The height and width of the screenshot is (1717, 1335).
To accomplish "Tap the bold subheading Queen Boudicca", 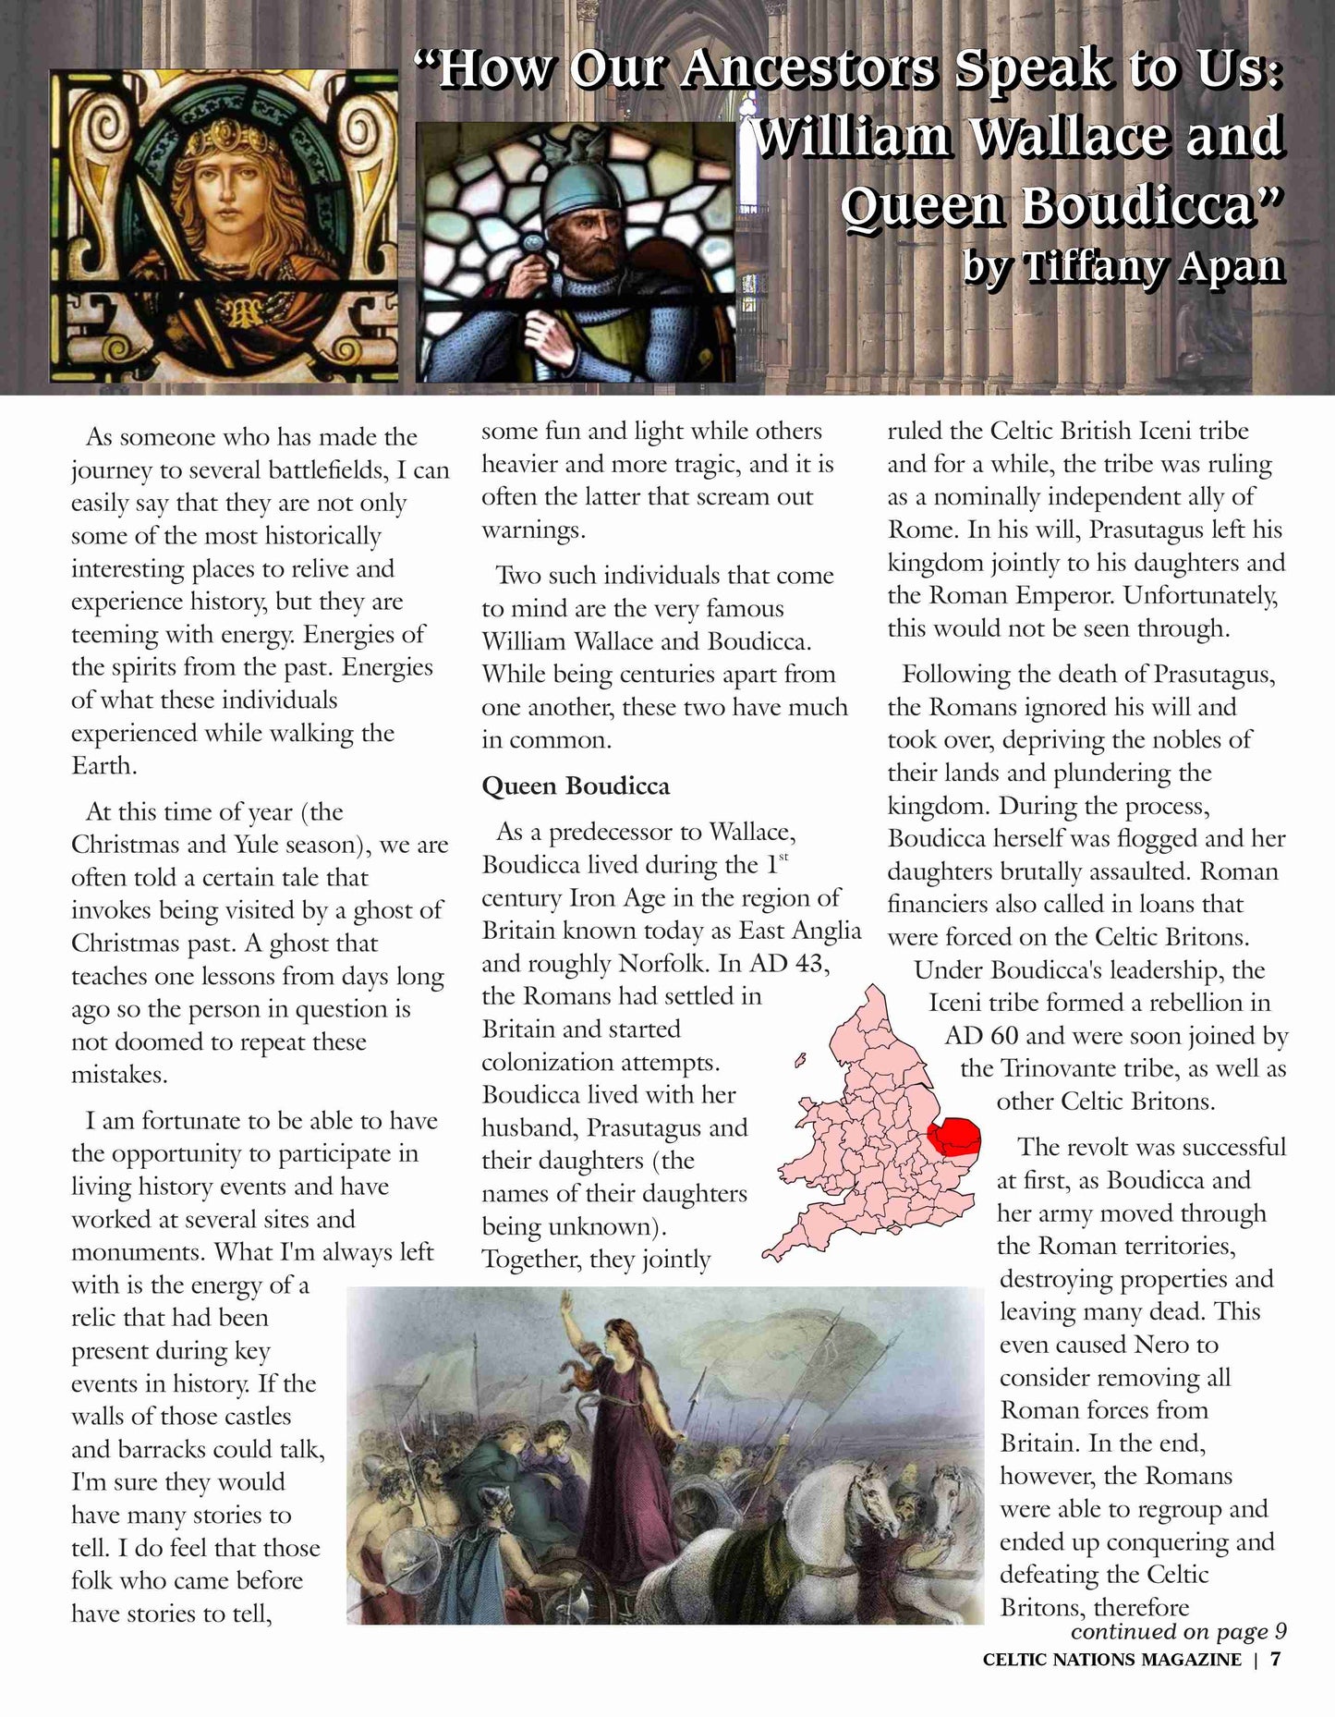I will (576, 785).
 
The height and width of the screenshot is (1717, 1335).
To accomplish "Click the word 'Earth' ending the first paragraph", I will (102, 766).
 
